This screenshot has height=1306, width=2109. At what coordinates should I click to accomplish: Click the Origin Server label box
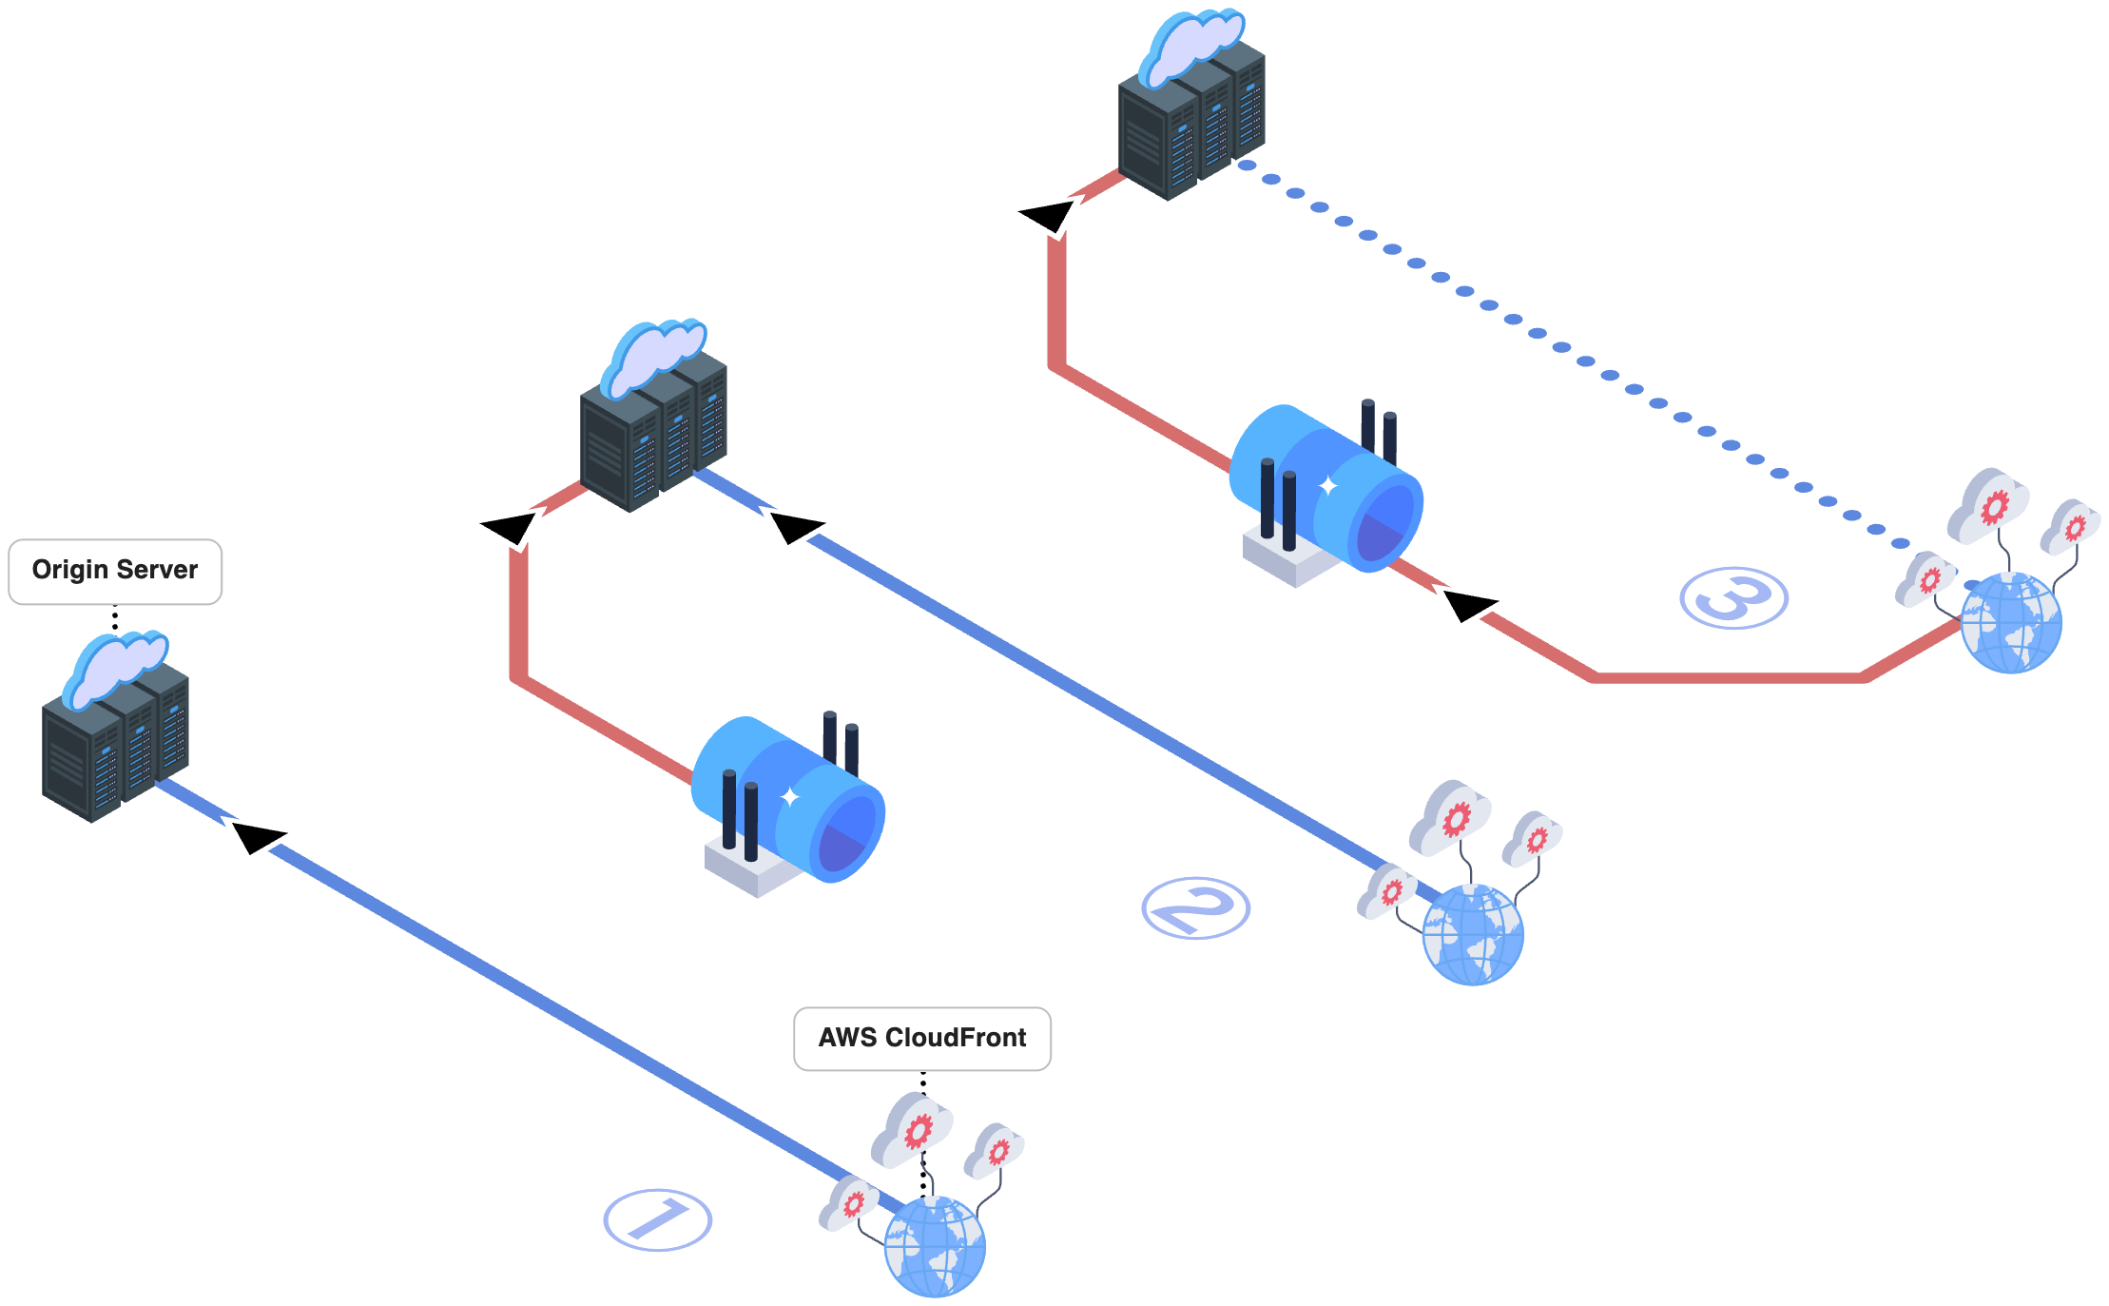tap(115, 571)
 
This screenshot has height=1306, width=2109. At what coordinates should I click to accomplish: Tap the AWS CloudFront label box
tap(922, 1038)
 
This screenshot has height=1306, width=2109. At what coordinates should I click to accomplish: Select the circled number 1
tap(658, 1219)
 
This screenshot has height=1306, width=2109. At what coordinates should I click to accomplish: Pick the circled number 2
tap(1195, 908)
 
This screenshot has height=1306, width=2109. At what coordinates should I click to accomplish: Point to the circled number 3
tap(1733, 598)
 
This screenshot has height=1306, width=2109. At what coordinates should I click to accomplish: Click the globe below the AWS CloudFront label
tap(935, 1246)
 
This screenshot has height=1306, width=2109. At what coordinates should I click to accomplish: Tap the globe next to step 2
tap(1473, 935)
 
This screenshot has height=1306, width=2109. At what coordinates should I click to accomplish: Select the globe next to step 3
tap(2011, 623)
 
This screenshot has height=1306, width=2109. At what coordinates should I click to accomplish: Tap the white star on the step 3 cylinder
tap(1327, 486)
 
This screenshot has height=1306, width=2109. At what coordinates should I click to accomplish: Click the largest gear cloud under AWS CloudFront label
tap(914, 1129)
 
